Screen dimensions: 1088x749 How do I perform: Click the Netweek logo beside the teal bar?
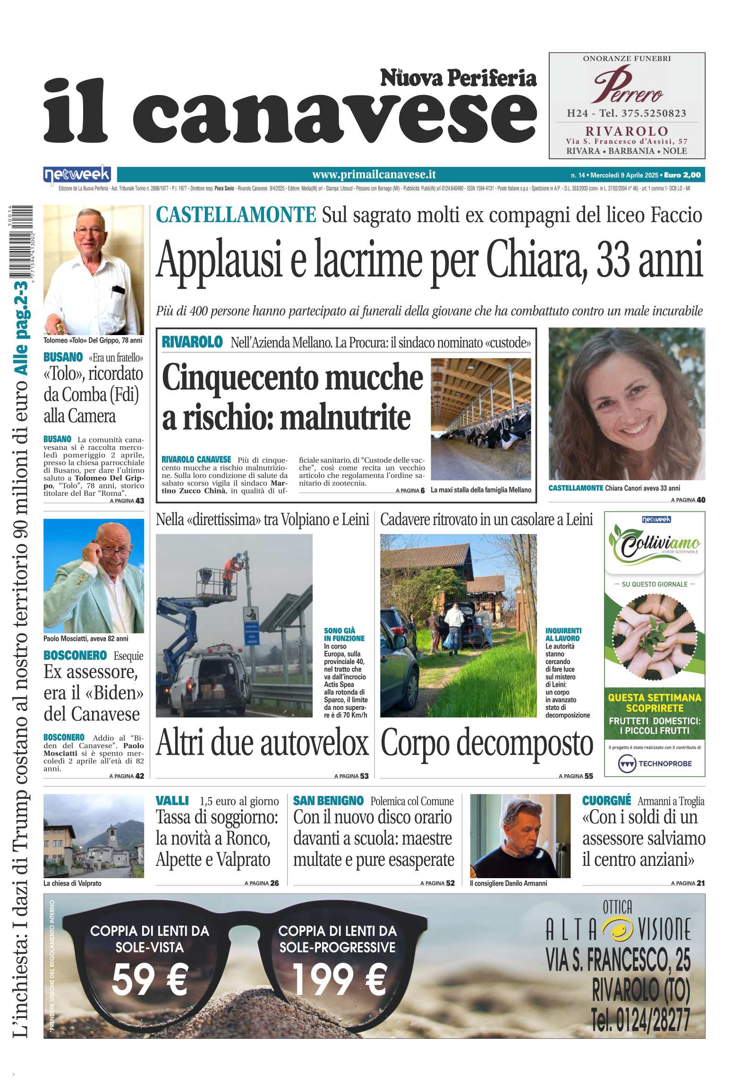click(x=77, y=175)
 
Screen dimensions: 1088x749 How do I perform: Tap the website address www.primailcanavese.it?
click(x=374, y=175)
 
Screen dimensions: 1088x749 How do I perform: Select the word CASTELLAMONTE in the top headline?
click(x=236, y=215)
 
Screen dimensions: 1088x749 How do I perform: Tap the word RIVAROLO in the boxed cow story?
click(x=192, y=342)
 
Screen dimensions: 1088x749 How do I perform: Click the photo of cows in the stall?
click(x=480, y=419)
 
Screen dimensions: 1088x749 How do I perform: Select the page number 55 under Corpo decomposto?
click(x=588, y=776)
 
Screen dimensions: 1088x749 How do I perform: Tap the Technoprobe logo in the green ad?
click(x=655, y=763)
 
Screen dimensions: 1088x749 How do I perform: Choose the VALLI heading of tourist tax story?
click(x=172, y=801)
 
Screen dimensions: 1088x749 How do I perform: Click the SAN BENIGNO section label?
click(x=328, y=801)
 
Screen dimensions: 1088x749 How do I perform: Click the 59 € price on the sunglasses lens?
click(x=150, y=979)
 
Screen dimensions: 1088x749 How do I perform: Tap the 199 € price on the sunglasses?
click(x=339, y=979)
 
